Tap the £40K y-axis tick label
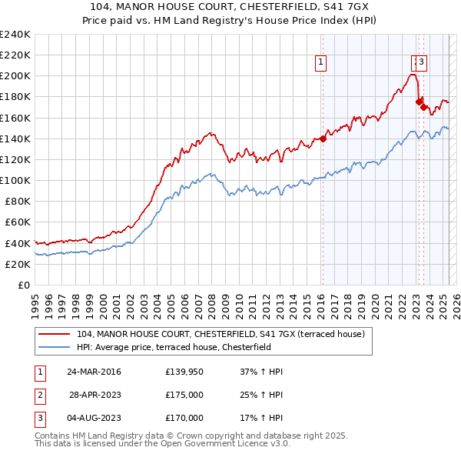tap(18, 243)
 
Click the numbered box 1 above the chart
tap(320, 65)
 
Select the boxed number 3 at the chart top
tap(423, 64)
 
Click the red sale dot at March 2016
tap(323, 139)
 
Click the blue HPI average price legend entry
tap(184, 347)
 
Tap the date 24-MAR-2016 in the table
tap(94, 372)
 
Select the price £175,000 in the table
tap(184, 395)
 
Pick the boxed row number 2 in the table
tap(39, 395)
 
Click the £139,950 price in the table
tap(184, 372)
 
